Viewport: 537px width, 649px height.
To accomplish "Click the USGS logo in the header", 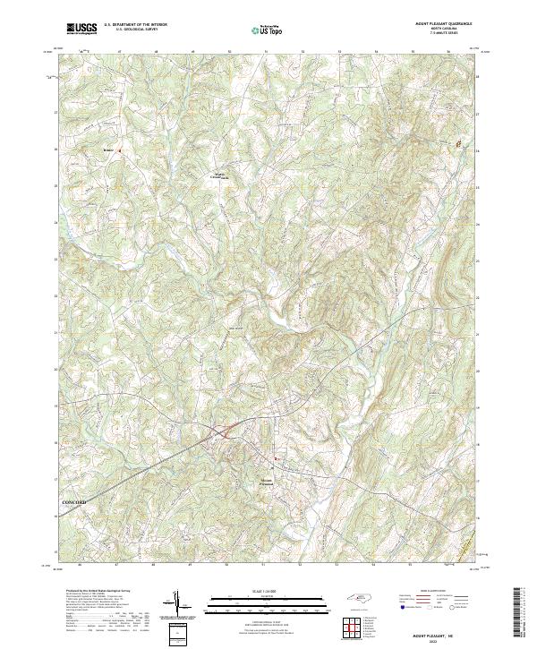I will (x=82, y=29).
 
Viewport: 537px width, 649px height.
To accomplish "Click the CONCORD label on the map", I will (x=75, y=503).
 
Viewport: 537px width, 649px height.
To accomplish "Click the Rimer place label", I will (x=108, y=150).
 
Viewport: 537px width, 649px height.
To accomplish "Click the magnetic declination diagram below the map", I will (x=178, y=603).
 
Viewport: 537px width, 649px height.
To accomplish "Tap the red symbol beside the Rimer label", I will (x=119, y=150).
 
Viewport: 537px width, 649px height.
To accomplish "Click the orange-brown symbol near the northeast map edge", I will (x=461, y=143).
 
